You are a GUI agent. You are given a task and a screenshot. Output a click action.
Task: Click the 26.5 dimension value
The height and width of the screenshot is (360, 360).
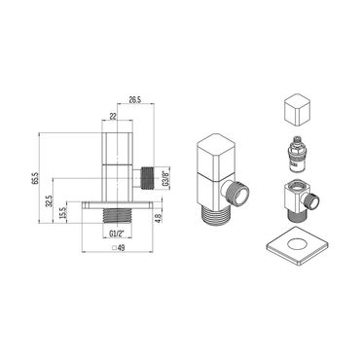click(x=135, y=97)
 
